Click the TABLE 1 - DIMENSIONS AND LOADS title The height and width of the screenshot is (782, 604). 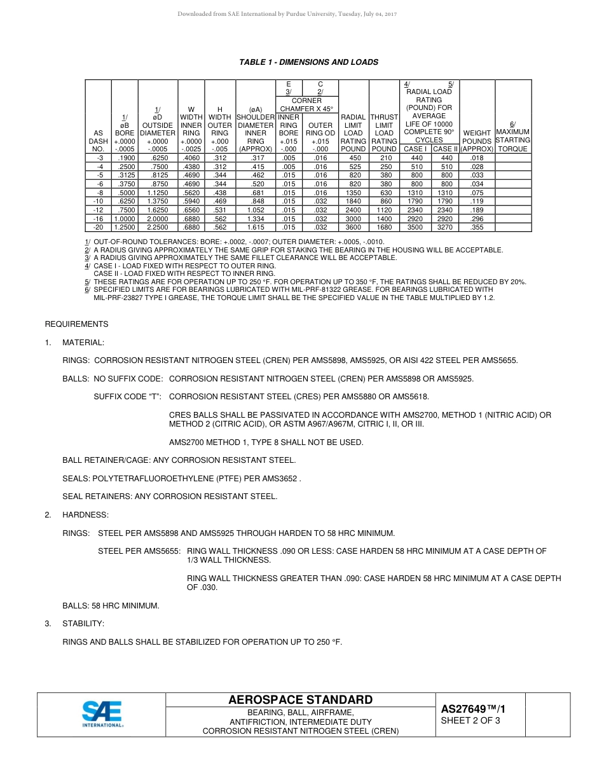(308, 62)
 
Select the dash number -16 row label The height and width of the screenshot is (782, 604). (99, 219)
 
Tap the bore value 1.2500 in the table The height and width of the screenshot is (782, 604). (125, 227)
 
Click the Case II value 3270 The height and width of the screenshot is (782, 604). (444, 227)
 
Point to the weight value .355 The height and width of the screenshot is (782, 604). (477, 227)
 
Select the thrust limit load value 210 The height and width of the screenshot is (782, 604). (384, 158)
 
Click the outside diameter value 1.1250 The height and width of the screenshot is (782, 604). (157, 193)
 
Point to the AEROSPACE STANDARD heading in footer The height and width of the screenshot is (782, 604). (301, 700)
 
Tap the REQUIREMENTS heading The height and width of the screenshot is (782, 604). (76, 324)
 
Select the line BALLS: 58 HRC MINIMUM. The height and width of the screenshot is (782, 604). (111, 606)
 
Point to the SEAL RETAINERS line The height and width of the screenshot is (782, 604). (170, 497)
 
